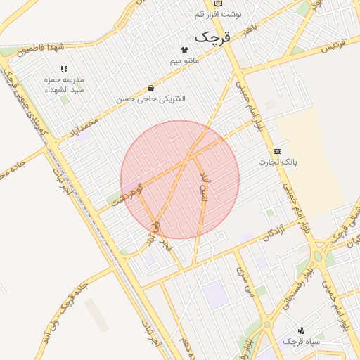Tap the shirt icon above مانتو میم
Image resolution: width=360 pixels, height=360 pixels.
185,50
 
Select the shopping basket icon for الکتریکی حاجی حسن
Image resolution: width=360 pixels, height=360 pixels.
150,89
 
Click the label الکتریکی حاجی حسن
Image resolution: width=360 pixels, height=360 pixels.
151,99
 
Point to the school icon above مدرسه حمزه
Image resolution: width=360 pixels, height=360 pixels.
64,69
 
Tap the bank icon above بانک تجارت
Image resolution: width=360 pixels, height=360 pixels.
277,151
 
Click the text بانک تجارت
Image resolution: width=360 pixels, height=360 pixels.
277,162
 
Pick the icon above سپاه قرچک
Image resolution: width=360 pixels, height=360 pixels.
301,330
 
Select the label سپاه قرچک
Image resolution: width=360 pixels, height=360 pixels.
302,341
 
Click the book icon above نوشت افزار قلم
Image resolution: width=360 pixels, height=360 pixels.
218,3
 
